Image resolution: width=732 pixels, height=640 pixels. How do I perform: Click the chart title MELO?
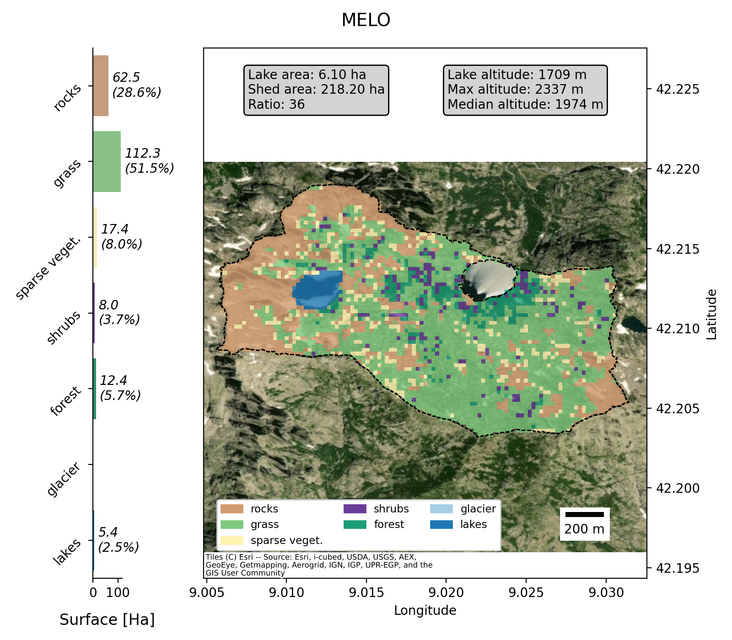366,20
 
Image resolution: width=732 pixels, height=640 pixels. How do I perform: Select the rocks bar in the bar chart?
101,86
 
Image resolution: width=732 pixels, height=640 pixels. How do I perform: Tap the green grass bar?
107,162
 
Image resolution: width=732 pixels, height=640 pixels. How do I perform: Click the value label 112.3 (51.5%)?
149,161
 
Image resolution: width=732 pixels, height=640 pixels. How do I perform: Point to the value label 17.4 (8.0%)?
121,237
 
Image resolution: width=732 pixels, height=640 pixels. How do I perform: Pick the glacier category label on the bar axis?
64,479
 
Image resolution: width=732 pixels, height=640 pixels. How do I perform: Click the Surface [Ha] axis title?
107,620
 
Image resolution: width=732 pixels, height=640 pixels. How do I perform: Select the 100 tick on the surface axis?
118,593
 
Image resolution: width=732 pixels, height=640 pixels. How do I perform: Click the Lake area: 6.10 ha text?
307,75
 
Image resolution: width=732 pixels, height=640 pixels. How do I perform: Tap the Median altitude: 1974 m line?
525,105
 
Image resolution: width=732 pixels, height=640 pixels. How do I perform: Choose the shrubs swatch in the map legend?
355,509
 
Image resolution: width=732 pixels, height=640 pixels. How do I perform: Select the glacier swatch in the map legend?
441,509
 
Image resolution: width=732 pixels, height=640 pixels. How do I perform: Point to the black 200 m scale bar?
584,514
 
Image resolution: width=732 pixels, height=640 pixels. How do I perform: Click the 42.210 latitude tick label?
678,329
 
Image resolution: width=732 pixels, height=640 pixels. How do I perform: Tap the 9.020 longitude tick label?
446,593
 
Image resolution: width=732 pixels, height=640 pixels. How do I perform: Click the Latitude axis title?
711,315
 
